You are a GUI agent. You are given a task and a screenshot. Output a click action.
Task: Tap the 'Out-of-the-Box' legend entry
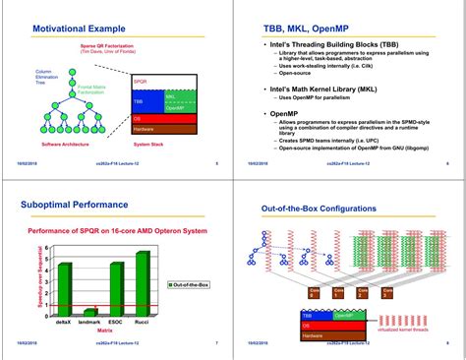coord(187,286)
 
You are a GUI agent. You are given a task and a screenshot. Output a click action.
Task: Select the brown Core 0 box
coord(315,293)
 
